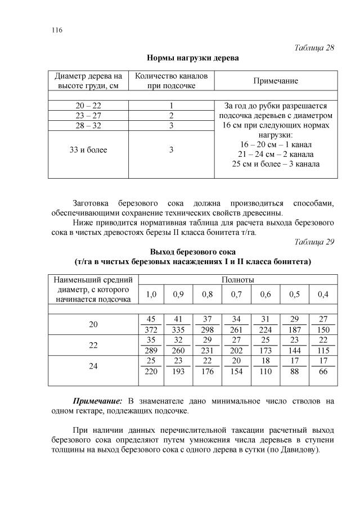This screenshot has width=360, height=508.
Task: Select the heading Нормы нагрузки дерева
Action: click(192, 58)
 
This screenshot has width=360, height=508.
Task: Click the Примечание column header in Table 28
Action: click(276, 81)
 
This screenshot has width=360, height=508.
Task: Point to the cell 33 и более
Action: click(88, 150)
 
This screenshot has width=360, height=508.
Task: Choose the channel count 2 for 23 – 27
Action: click(170, 115)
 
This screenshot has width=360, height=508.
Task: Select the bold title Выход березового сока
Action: click(192, 251)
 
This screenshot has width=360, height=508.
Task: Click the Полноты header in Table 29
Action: click(238, 279)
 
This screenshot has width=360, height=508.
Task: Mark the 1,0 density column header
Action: click(151, 294)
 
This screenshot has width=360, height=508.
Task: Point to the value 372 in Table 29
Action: click(151, 329)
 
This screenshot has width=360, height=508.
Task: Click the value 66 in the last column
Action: click(323, 372)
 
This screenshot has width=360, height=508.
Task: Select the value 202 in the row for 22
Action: click(237, 351)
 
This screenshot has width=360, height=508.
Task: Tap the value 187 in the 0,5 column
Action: click(295, 329)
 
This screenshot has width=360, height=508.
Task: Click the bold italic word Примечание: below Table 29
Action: click(97, 401)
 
